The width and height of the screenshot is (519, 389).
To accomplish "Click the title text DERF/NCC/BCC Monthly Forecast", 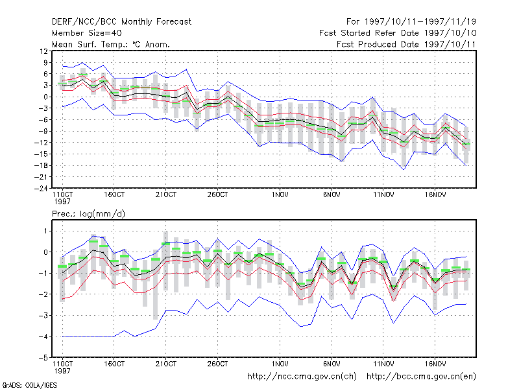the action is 121,22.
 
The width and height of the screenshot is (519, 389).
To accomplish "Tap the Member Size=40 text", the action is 87,33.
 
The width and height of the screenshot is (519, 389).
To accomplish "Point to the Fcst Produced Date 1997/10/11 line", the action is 406,44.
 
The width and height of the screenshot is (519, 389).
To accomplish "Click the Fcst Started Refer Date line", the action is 398,33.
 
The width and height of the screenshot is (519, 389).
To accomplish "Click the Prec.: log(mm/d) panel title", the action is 88,214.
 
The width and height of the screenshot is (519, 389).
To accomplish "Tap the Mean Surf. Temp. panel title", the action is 110,44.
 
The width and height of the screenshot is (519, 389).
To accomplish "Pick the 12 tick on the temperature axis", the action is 44,51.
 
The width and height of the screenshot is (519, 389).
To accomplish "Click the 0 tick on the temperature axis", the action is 45,97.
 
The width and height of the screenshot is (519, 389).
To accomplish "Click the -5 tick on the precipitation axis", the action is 43,358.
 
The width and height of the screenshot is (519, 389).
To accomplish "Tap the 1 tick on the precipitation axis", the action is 46,231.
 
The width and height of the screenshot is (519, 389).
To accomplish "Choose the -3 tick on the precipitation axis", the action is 43,315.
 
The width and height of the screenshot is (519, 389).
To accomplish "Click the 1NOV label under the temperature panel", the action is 280,195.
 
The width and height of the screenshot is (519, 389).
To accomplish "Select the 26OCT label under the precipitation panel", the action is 218,364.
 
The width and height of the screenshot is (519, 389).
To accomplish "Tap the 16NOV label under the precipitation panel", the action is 435,364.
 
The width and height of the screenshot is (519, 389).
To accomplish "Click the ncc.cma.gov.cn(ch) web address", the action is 302,377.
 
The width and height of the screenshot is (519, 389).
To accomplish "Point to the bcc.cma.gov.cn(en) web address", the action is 421,377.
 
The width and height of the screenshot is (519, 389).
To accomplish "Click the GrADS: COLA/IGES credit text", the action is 29,385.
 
